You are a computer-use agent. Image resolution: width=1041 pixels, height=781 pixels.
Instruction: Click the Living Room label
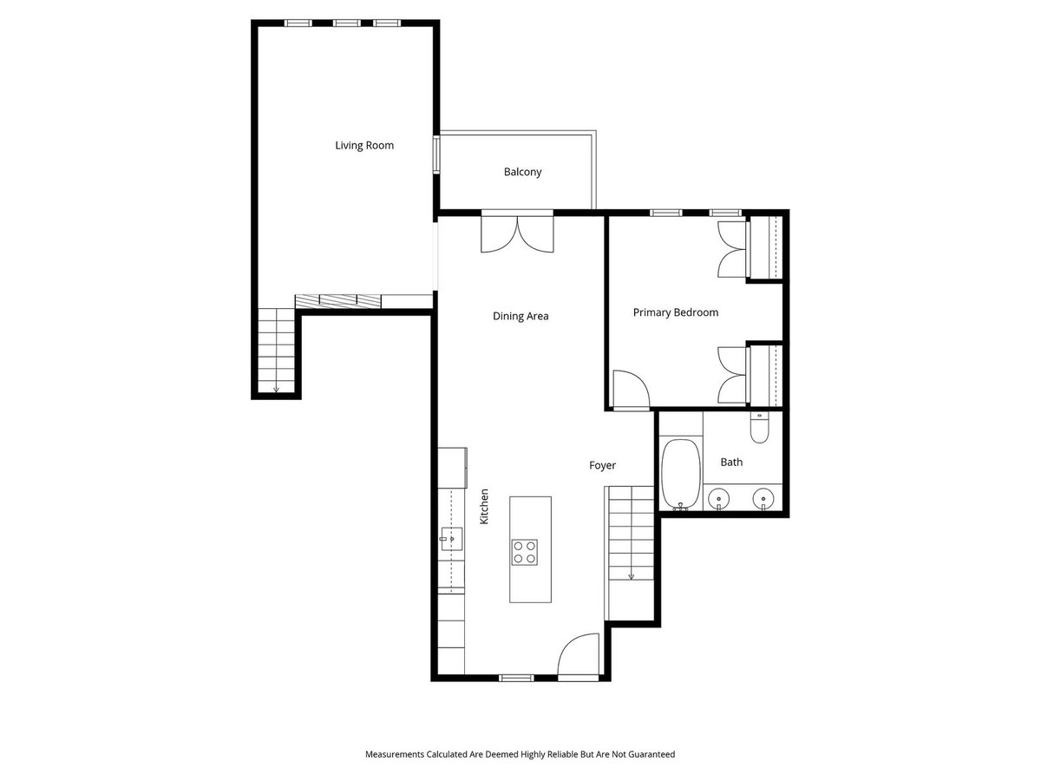click(364, 146)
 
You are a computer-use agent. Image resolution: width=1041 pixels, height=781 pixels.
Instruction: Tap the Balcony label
click(522, 172)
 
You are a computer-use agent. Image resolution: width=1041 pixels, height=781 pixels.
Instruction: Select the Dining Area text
click(520, 317)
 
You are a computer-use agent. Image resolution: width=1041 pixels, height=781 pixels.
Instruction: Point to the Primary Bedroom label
click(675, 312)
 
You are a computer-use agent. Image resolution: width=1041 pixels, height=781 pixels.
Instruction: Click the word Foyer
click(602, 466)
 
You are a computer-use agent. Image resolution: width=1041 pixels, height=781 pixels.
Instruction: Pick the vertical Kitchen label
click(485, 506)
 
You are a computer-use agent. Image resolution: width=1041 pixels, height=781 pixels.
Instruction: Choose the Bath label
click(731, 463)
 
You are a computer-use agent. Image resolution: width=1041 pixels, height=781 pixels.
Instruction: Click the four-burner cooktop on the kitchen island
click(524, 552)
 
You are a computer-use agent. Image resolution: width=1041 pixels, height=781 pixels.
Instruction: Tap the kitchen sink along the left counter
click(449, 539)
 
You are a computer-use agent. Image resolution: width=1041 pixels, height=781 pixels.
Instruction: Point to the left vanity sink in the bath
click(717, 498)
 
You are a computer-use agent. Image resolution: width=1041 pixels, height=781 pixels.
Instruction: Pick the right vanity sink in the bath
click(763, 498)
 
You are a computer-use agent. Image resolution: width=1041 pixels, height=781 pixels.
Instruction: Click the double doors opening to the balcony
click(517, 233)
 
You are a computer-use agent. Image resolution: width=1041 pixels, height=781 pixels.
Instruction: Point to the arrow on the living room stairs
click(276, 388)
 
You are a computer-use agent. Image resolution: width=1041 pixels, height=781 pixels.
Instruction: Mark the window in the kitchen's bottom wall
click(516, 678)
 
